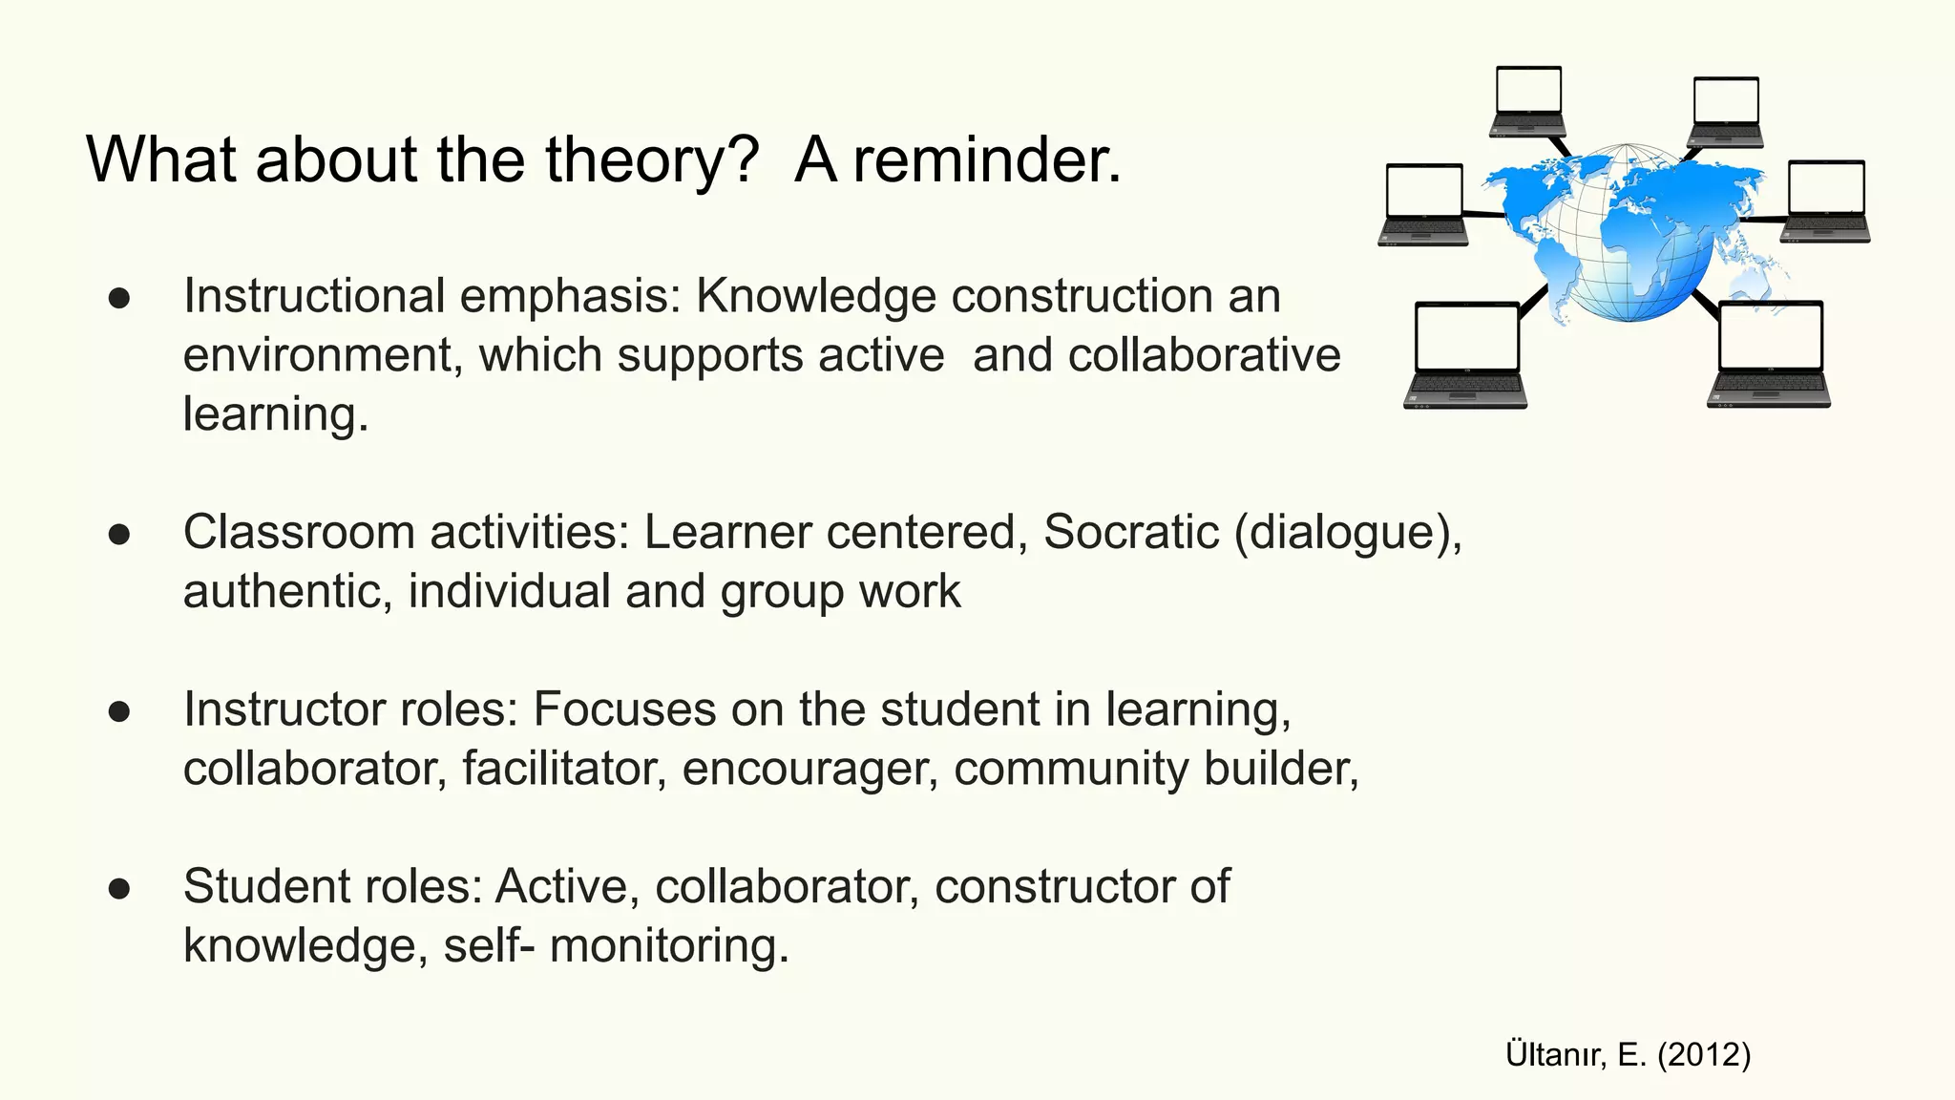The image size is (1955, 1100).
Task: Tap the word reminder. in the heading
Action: [987, 160]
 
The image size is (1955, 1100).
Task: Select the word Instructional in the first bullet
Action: [314, 296]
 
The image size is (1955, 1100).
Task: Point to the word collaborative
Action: [1205, 355]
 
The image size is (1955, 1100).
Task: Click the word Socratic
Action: [1131, 532]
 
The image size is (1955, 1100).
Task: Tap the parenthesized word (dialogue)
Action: [1347, 532]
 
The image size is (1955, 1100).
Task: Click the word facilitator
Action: [564, 769]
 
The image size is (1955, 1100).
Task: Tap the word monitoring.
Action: [669, 945]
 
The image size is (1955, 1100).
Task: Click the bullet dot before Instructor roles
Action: [119, 711]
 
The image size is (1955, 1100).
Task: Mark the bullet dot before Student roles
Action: [119, 889]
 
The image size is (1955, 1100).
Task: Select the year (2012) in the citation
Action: [1704, 1054]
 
